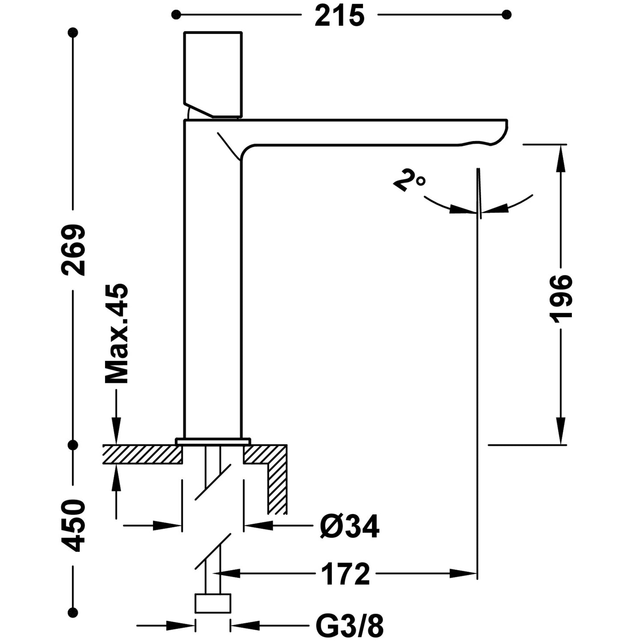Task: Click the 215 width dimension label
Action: pos(339,16)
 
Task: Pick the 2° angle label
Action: pos(408,180)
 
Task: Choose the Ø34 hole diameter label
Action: pos(350,526)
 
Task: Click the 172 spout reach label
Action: pos(345,574)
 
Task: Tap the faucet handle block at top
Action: pos(213,73)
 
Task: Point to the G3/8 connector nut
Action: pos(213,603)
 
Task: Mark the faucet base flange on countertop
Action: pos(213,441)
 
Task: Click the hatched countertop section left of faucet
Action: pos(142,454)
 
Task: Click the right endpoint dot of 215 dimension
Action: pos(506,15)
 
